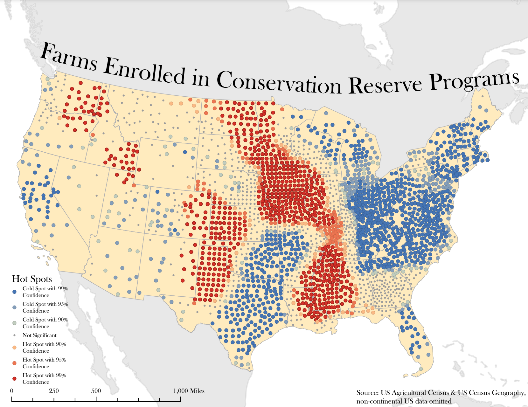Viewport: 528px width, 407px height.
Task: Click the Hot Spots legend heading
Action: tap(32, 279)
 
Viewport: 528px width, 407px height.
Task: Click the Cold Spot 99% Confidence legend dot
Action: tap(14, 292)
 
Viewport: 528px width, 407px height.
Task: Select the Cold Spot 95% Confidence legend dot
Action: tap(14, 307)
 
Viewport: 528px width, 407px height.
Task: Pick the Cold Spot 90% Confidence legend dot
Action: tap(14, 323)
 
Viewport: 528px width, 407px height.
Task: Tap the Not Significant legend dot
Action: tap(14, 335)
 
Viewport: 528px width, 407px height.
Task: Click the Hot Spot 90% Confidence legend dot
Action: tap(14, 348)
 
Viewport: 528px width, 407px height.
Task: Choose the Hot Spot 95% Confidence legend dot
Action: tap(14, 363)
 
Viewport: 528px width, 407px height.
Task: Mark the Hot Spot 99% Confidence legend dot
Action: tap(14, 378)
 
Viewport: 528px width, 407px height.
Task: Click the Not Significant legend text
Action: tap(39, 335)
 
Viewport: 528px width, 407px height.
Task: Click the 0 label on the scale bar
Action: tap(12, 391)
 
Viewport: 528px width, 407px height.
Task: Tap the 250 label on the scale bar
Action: tap(54, 391)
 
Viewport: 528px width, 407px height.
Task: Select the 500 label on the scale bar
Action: tap(96, 391)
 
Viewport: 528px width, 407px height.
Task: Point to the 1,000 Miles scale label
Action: tap(189, 391)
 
